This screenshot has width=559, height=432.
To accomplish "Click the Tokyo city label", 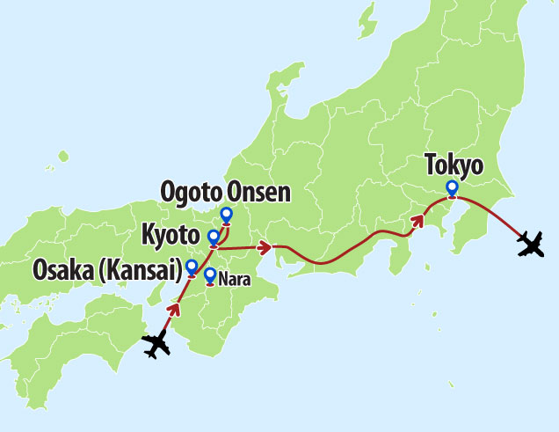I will [453, 165].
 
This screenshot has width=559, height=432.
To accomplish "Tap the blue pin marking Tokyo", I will [452, 187].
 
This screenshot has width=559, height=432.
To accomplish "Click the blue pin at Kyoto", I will [213, 237].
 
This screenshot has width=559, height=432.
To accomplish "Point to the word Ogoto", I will [191, 192].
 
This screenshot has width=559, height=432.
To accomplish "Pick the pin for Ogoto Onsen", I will [226, 214].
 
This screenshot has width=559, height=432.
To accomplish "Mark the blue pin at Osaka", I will [192, 267].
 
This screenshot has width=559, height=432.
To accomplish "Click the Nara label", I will [229, 278].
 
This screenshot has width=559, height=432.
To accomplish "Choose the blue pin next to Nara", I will [209, 275].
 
